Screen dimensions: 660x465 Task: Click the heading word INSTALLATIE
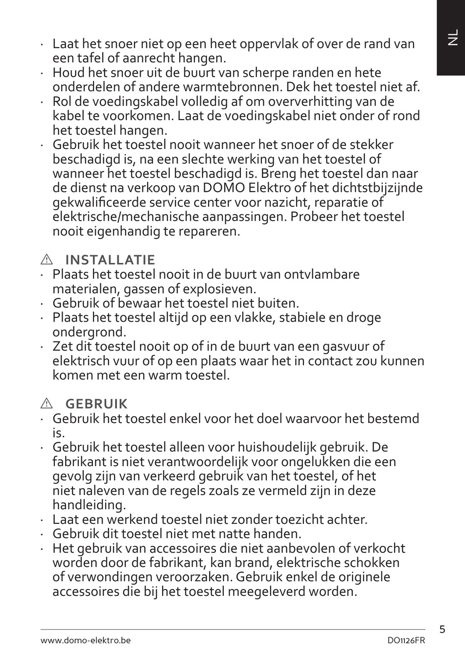click(x=110, y=259)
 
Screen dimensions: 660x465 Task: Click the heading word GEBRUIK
click(x=96, y=404)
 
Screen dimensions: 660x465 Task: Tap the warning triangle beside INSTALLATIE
click(x=46, y=259)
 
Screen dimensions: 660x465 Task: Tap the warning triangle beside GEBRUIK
click(x=46, y=404)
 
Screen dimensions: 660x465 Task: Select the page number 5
click(x=442, y=629)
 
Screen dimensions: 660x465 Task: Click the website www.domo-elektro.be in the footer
click(x=86, y=640)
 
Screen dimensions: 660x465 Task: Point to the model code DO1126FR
click(x=406, y=640)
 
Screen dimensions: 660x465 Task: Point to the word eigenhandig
click(x=122, y=231)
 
